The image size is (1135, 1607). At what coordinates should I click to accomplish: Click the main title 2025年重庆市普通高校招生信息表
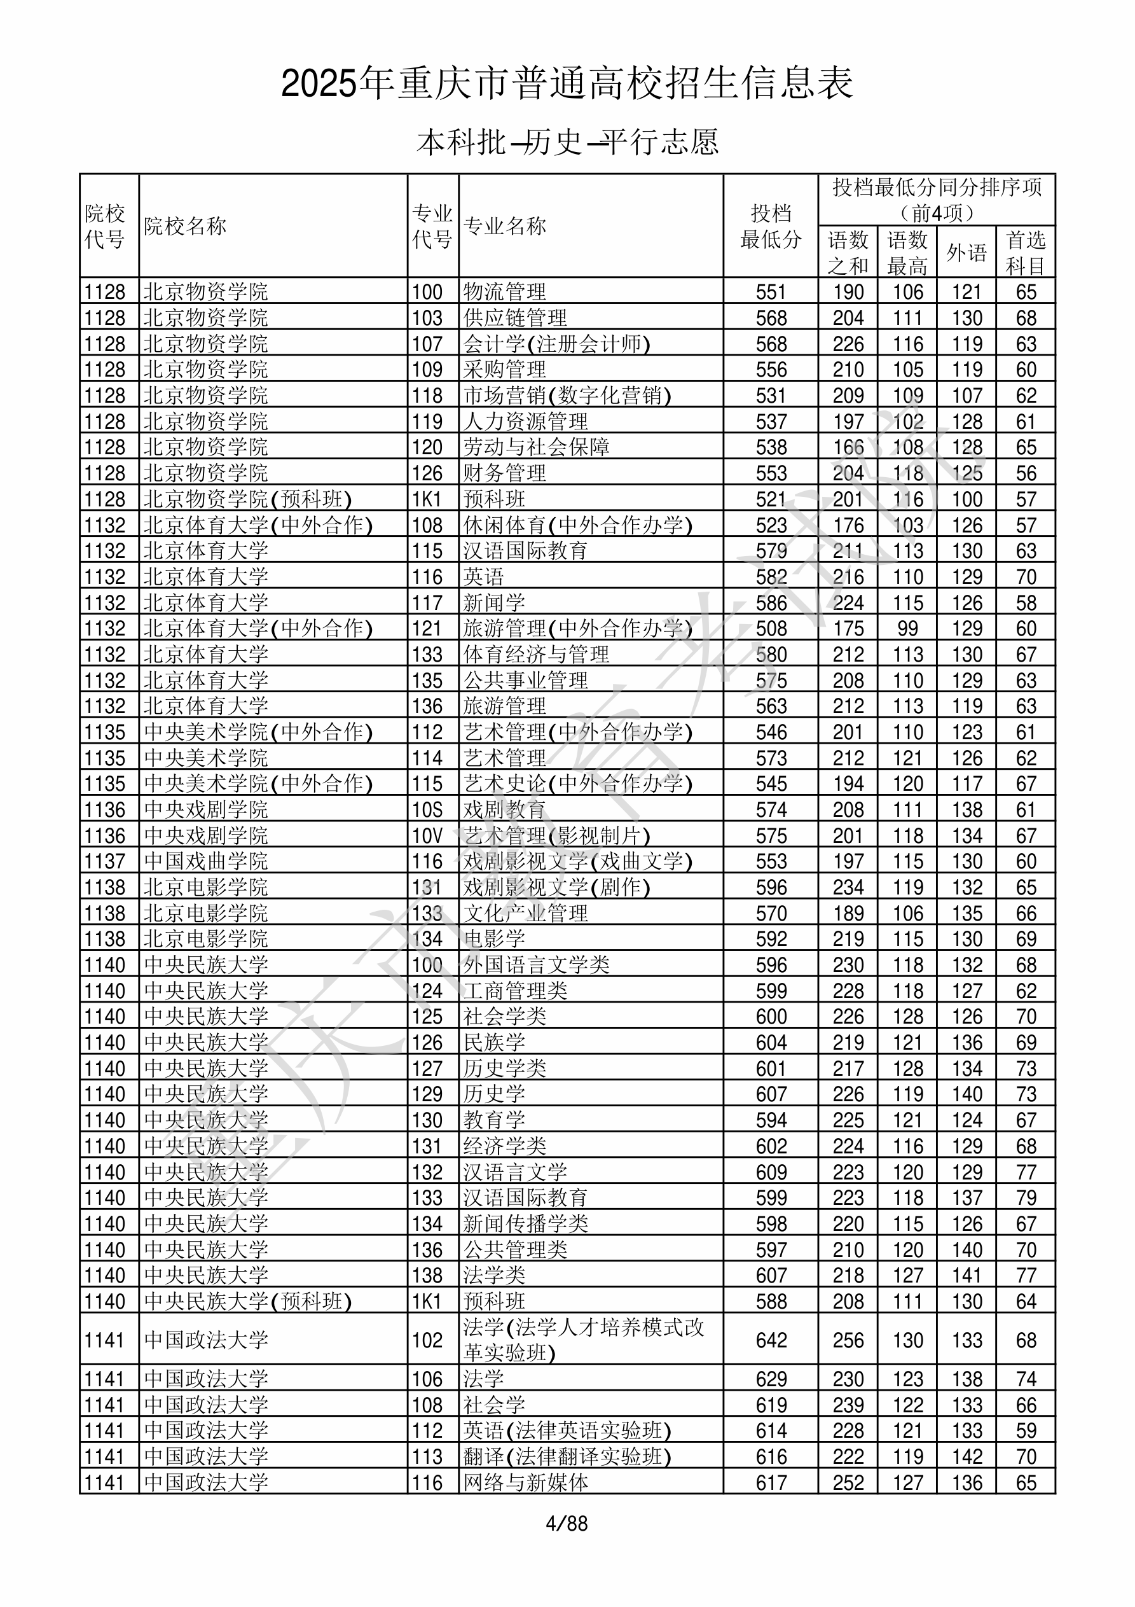tap(567, 84)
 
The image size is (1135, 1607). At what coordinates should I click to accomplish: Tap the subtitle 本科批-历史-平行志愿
tap(567, 142)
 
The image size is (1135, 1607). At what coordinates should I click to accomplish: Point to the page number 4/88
tap(567, 1523)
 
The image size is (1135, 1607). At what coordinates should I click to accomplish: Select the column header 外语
tap(966, 252)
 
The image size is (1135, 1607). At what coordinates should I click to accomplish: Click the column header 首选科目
tap(1025, 252)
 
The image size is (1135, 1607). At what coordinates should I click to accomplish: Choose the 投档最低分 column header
tap(771, 226)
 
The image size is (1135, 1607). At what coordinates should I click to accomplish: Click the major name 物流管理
tap(504, 292)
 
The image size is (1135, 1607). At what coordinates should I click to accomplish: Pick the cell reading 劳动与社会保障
tap(536, 447)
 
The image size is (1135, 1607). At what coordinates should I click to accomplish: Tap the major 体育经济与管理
tap(536, 655)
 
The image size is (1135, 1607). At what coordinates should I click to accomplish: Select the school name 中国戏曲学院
tap(206, 861)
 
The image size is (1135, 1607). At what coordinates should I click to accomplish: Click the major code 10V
tap(427, 836)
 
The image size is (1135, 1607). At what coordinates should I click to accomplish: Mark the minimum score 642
tap(771, 1340)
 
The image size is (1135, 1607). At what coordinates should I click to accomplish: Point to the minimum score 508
tap(771, 629)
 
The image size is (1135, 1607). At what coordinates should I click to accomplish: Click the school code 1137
tap(105, 861)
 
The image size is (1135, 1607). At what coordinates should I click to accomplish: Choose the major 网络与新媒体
tap(525, 1482)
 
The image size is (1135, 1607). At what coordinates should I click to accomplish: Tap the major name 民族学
tap(494, 1042)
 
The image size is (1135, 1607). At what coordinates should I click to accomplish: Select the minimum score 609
tap(771, 1172)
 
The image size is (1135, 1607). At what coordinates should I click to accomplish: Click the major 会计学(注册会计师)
tap(556, 344)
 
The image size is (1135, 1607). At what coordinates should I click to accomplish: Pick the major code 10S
tap(427, 810)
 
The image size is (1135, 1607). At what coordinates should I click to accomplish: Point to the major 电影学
tap(494, 938)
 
